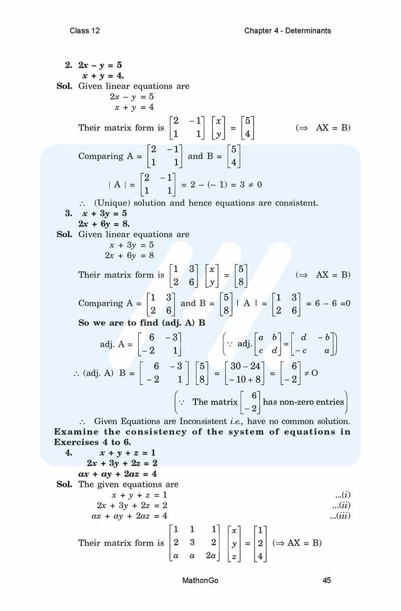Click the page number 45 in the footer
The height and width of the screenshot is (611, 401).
pyautogui.click(x=326, y=580)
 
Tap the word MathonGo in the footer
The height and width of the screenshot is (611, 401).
pyautogui.click(x=200, y=580)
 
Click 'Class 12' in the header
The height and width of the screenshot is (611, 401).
pyautogui.click(x=85, y=31)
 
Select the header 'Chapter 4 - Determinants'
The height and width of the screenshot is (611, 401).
pyautogui.click(x=288, y=31)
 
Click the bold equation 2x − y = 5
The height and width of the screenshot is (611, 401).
pyautogui.click(x=100, y=65)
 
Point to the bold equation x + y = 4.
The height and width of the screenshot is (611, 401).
pyautogui.click(x=103, y=76)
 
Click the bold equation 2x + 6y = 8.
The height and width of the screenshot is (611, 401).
pyautogui.click(x=104, y=223)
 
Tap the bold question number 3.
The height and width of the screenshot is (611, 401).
pyautogui.click(x=69, y=213)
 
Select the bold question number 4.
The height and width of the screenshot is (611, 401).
pyautogui.click(x=69, y=453)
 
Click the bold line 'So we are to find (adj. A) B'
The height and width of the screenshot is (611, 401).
pyautogui.click(x=142, y=323)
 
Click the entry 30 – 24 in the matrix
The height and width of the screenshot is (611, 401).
pyautogui.click(x=245, y=366)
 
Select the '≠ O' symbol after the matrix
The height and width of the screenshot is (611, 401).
pyautogui.click(x=311, y=373)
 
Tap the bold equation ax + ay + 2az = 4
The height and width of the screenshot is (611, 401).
pyautogui.click(x=118, y=473)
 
